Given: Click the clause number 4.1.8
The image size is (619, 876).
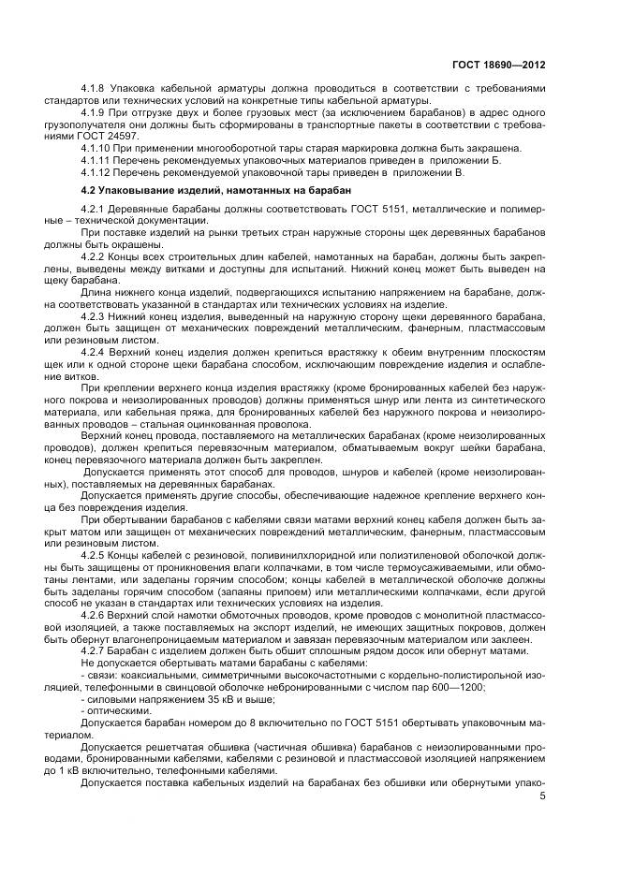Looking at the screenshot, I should (96, 89).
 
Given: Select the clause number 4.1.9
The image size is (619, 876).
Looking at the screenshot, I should (96, 112).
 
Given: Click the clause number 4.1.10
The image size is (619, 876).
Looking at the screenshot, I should (98, 148).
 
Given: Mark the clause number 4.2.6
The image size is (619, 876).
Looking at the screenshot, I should (96, 618).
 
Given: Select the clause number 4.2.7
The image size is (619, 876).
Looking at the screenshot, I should (96, 653).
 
